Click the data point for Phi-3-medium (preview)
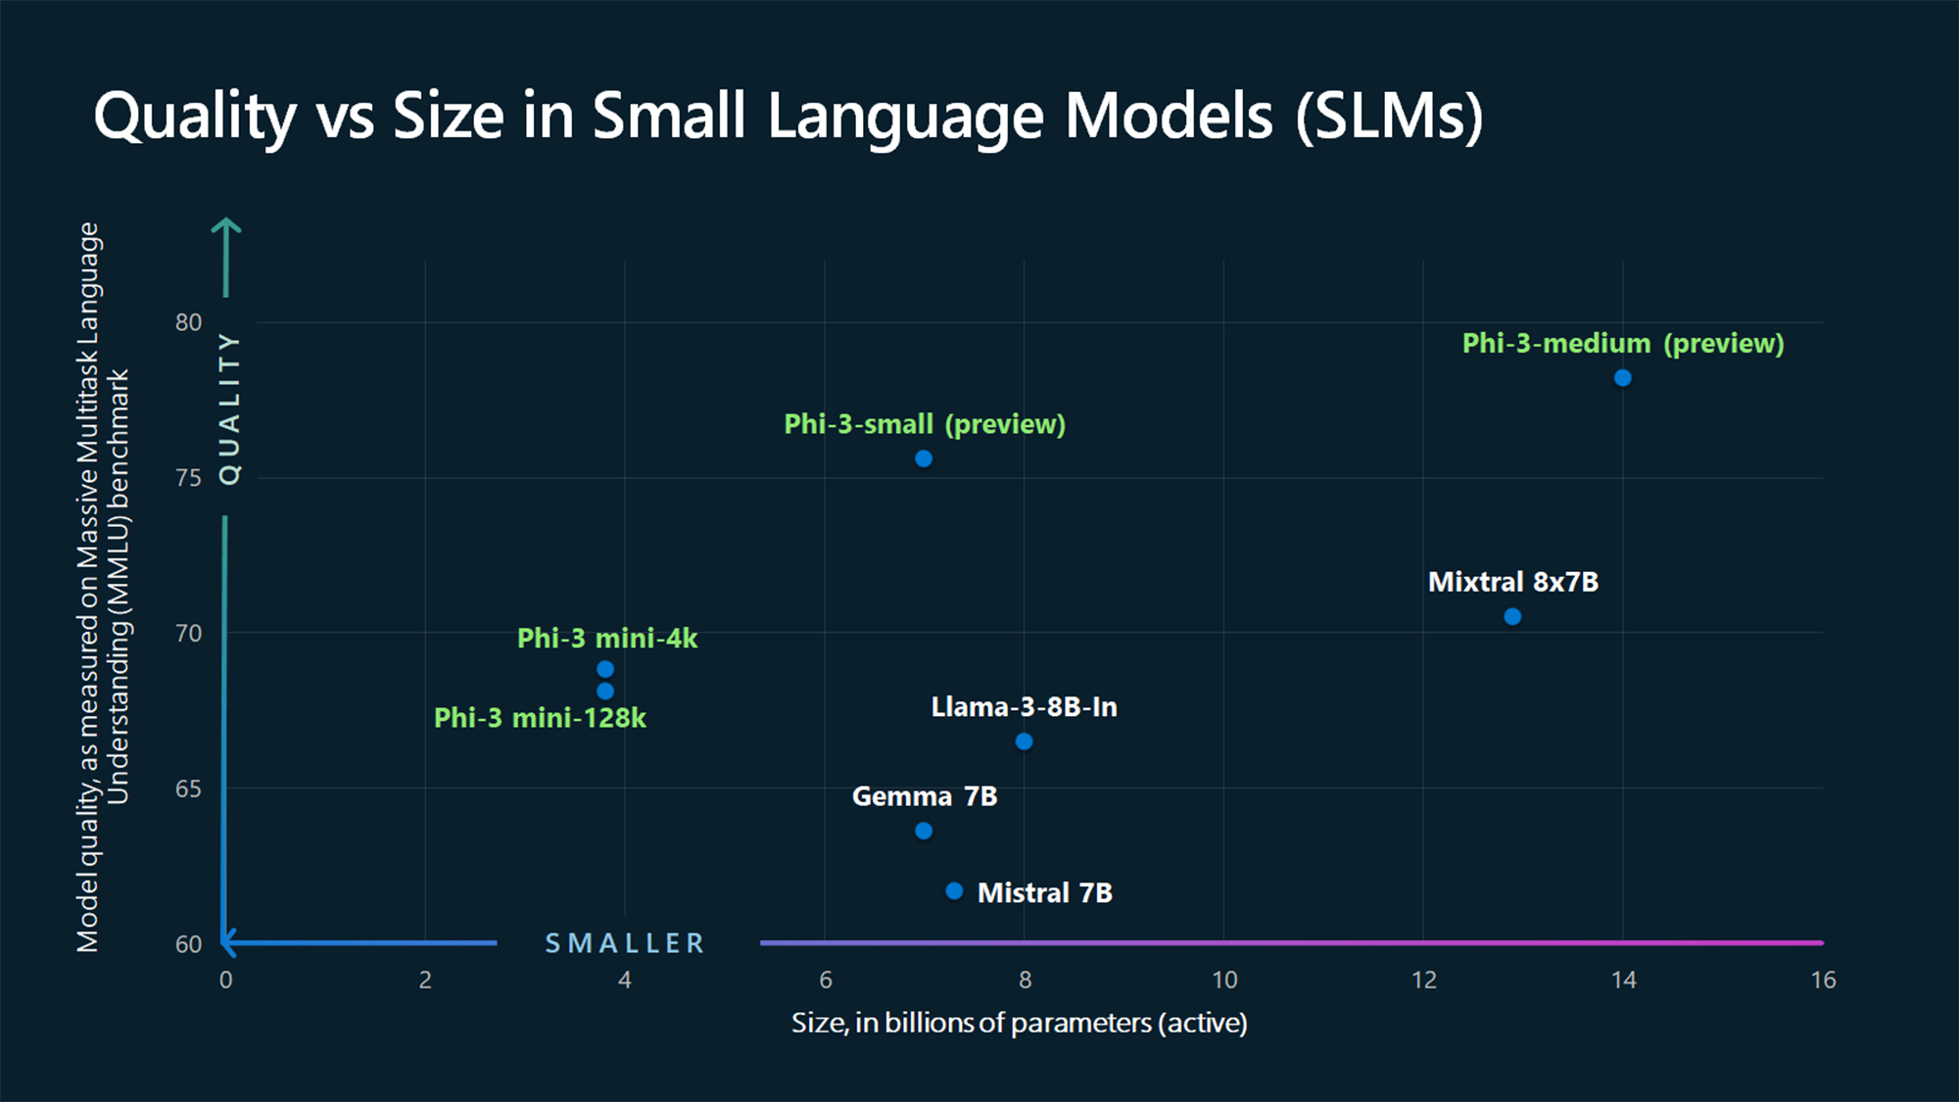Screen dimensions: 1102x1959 coord(1622,378)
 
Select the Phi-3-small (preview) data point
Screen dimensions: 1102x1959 coord(923,458)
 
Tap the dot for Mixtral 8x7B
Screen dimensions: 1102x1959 coord(1512,616)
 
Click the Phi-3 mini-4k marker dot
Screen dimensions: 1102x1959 coord(605,669)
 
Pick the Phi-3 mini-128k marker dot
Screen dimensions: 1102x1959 coord(605,692)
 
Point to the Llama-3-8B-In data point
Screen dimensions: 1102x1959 coord(1024,742)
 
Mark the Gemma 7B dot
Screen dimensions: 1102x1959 coord(923,831)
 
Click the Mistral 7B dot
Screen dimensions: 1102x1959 coord(954,890)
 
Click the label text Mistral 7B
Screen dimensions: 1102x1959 coord(1044,893)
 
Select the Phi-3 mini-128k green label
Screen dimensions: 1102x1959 coord(540,718)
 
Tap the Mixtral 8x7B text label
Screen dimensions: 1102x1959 coord(1512,582)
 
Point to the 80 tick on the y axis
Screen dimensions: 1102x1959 coord(188,322)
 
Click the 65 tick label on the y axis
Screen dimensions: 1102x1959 coord(188,789)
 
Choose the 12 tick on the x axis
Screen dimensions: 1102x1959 coord(1423,980)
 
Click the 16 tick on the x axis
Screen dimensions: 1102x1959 coord(1822,980)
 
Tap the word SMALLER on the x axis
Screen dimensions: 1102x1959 coord(625,943)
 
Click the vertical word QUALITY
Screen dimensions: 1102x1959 coord(229,407)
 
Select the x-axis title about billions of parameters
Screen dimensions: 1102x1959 coord(1019,1023)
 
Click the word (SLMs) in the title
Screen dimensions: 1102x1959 coord(1388,116)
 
